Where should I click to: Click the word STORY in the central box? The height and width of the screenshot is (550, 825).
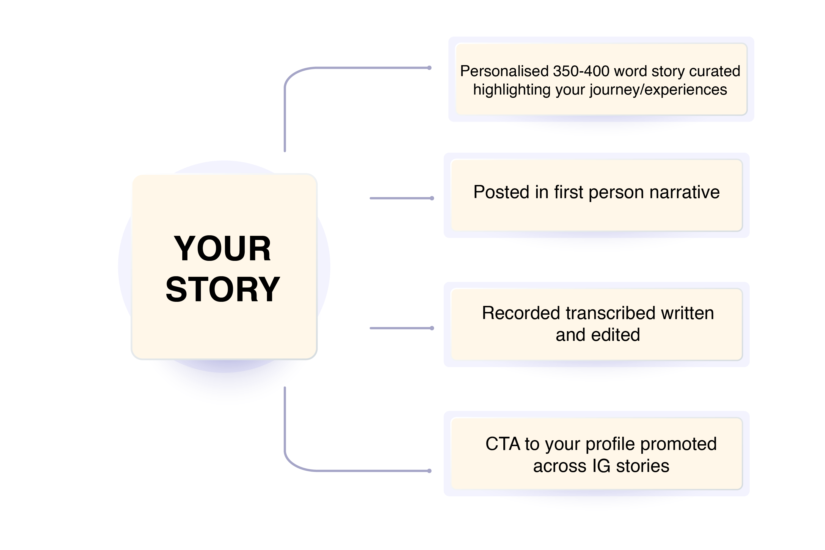pyautogui.click(x=223, y=289)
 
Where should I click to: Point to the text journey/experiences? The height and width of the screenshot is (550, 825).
pyautogui.click(x=658, y=90)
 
